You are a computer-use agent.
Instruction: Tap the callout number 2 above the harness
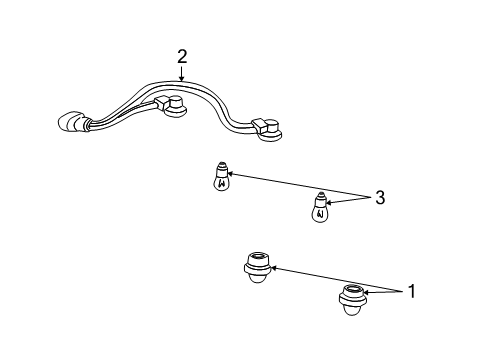[181, 57]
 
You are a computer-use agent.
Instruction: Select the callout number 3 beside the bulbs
[379, 198]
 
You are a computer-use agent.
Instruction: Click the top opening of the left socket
[258, 259]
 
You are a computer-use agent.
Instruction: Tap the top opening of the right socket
[353, 288]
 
